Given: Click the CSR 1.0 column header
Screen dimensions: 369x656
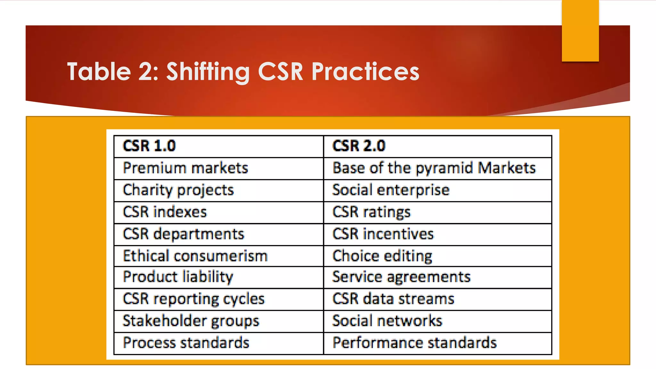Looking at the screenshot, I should [149, 146].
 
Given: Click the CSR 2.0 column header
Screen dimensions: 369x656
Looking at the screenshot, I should [359, 146].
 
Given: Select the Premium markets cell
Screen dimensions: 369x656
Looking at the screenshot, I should [185, 168].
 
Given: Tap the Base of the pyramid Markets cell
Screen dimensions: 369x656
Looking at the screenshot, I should [434, 168].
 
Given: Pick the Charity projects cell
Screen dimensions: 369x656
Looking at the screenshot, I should [178, 190].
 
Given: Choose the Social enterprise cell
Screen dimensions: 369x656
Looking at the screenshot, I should [391, 190].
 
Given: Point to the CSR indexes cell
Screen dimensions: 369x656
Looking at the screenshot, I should [165, 212].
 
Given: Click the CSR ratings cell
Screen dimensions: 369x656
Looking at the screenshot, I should [372, 212].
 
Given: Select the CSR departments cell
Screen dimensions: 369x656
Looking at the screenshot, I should [184, 234].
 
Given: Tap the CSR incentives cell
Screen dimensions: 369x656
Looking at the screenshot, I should [383, 234].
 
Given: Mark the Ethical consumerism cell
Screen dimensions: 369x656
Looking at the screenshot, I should [195, 256].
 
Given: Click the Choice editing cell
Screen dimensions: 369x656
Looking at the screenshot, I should [382, 256].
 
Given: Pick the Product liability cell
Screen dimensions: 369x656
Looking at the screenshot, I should [178, 277].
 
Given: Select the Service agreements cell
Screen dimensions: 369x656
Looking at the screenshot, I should [401, 277].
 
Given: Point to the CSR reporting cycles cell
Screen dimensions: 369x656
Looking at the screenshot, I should [194, 299].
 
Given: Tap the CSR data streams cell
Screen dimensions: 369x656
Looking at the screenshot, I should [393, 299].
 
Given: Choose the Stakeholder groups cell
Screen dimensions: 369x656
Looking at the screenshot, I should [191, 321].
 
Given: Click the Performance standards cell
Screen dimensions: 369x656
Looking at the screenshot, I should [414, 343].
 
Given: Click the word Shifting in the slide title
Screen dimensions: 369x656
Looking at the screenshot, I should [208, 71].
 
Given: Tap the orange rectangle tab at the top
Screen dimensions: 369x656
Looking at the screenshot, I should [580, 30].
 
